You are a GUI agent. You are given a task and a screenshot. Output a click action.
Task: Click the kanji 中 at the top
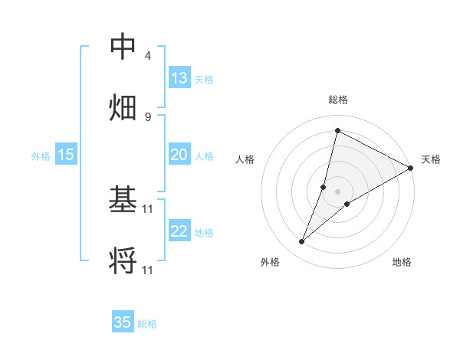tap(123, 47)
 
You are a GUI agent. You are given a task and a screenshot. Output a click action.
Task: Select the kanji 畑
tap(123, 106)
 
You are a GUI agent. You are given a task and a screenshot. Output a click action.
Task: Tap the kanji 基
tap(123, 200)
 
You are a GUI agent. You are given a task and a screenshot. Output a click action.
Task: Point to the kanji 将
tap(123, 260)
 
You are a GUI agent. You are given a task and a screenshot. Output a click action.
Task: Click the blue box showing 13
tap(179, 78)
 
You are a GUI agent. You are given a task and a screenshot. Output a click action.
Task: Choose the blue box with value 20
tap(179, 155)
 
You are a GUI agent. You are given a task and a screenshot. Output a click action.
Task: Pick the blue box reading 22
tap(179, 231)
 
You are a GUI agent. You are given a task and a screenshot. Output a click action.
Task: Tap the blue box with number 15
tap(66, 155)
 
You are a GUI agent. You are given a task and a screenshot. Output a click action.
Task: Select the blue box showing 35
tap(123, 322)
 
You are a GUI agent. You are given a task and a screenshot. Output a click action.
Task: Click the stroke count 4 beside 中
tap(148, 56)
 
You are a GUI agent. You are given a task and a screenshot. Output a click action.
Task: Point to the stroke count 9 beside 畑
tap(148, 116)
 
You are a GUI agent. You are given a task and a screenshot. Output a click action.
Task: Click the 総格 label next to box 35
tap(147, 324)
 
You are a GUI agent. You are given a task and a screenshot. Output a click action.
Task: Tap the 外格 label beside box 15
tap(41, 155)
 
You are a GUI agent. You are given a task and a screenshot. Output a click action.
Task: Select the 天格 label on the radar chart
tap(431, 159)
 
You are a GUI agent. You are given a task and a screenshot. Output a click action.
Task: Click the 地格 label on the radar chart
tap(402, 262)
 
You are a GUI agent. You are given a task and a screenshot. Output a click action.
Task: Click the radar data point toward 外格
tap(302, 242)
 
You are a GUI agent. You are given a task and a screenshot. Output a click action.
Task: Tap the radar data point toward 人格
tap(324, 186)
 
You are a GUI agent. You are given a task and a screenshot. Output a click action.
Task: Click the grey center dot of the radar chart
tap(337, 191)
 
